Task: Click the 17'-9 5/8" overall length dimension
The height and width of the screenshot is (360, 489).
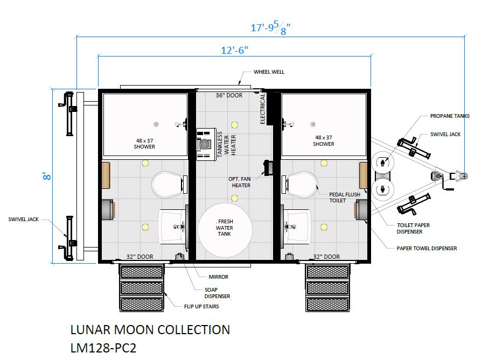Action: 270,28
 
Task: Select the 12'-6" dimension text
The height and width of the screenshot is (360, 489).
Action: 234,50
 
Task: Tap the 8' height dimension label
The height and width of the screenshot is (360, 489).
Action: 46,176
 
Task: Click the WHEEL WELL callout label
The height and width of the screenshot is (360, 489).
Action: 269,72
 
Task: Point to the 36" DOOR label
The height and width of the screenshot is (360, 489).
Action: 229,95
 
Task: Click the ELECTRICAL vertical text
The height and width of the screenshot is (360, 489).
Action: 262,109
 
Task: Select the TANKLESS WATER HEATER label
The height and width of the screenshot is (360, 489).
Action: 226,144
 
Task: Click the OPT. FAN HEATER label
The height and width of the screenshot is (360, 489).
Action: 240,182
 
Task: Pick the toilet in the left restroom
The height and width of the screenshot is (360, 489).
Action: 167,184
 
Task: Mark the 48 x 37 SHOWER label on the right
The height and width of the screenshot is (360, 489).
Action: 324,140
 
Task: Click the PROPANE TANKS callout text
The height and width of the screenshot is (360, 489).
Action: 450,116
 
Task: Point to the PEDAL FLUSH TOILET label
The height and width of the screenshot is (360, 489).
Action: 345,197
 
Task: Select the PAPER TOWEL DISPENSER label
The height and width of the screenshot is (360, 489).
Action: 427,249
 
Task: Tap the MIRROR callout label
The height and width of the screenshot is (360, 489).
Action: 218,277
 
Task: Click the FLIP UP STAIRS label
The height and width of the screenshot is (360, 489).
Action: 201,306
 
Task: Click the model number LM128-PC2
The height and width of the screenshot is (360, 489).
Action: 103,348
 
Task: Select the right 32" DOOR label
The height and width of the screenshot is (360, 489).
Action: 326,257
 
